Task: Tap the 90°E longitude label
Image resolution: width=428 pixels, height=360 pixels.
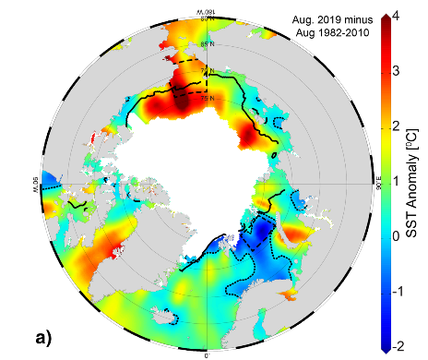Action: [x=378, y=183]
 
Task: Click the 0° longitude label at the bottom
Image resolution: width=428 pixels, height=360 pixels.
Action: [x=207, y=352]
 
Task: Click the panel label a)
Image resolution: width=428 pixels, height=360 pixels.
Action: [x=50, y=336]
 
